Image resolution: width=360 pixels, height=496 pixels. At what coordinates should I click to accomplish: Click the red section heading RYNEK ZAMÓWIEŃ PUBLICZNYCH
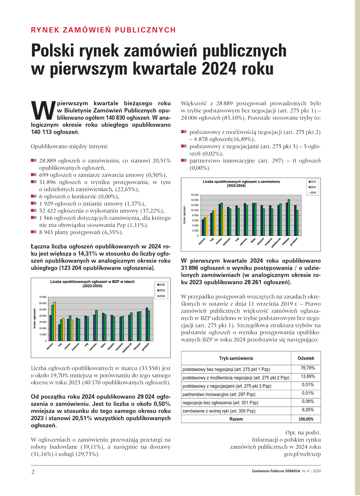[103, 30]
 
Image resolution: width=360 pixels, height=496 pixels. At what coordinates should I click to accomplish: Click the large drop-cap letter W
[43, 110]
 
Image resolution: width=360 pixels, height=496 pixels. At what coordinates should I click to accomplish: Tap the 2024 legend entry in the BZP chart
[161, 296]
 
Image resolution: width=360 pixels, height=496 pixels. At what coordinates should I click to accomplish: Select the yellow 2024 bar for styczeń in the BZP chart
[55, 321]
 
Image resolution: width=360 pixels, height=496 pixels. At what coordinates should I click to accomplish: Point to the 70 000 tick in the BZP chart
[43, 297]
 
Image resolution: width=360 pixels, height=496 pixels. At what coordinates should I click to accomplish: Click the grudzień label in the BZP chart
[146, 346]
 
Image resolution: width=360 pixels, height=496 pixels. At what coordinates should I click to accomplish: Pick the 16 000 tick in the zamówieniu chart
[194, 195]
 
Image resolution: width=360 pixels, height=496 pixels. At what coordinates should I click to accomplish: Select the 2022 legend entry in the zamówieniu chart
[312, 182]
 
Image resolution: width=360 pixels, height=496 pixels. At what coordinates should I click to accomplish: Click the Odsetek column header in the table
[306, 358]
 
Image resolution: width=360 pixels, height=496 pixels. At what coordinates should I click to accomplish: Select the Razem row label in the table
[236, 419]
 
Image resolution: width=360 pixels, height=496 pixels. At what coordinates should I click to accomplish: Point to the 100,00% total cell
[306, 419]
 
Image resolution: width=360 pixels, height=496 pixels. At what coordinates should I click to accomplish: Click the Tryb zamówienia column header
[236, 358]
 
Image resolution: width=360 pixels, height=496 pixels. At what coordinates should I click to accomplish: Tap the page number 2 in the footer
[33, 472]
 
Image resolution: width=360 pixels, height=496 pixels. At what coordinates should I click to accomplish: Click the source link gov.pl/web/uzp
[302, 454]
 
